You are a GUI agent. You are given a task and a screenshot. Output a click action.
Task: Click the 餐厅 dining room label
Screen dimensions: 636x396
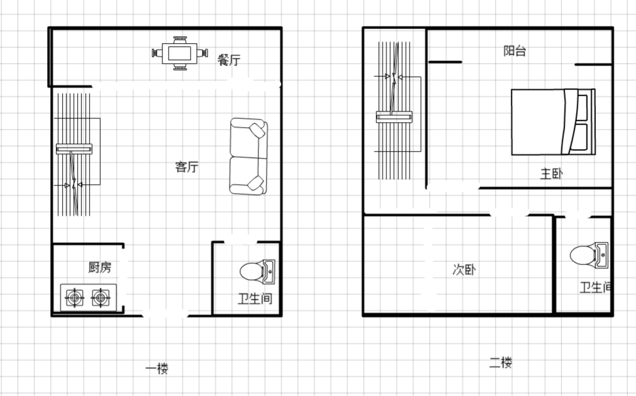coord(229,60)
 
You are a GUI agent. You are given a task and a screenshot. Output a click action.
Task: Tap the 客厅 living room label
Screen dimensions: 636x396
coord(187,167)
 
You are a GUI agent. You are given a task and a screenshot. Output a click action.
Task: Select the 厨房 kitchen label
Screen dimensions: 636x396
coord(100,267)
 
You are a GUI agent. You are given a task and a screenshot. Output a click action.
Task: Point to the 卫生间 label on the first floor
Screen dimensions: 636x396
coord(255,299)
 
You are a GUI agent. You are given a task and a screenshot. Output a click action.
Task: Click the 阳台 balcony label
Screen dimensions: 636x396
coord(515,51)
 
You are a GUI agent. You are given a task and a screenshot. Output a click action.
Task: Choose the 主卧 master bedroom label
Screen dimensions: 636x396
coord(551,174)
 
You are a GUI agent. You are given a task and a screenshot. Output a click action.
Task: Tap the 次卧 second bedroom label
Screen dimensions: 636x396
coord(464,269)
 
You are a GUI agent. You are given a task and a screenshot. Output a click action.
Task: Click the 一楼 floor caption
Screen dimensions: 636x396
coord(157,368)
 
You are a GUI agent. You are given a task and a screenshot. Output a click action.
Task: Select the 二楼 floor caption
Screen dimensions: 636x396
coord(501,362)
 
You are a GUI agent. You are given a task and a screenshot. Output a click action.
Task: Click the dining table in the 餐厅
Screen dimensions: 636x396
coord(179,53)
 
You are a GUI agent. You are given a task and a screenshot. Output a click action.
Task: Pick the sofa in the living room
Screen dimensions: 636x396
coord(248,156)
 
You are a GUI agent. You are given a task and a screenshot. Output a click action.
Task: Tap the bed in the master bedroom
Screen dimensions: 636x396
coord(553,122)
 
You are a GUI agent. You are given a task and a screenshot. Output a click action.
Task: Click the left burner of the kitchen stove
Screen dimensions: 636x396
coord(75,298)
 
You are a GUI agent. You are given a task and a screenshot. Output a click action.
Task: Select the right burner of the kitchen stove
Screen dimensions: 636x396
coord(100,298)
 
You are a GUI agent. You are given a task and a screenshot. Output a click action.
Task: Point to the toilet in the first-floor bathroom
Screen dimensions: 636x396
coord(258,271)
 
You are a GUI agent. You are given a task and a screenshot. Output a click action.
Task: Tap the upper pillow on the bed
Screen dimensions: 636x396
coord(582,107)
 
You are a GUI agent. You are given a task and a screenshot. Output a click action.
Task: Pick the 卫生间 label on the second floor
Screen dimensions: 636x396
coord(595,288)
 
